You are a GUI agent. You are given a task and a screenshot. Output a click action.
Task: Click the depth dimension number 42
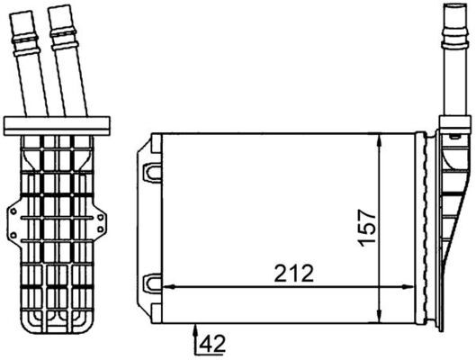(211, 342)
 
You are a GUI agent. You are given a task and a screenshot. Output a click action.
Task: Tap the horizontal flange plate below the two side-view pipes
(57, 122)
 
